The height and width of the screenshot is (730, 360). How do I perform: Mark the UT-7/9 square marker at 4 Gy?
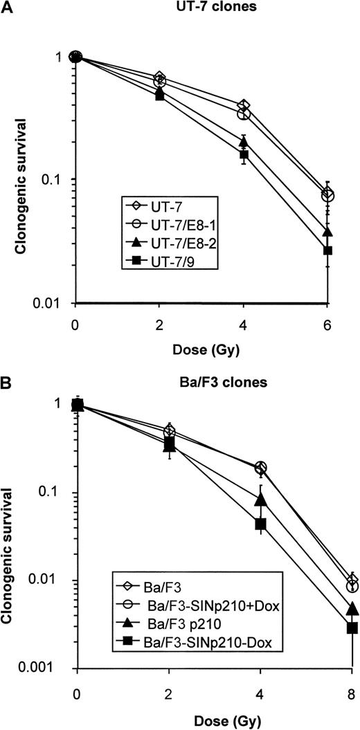244,154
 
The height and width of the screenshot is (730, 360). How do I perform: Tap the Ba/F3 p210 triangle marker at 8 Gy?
352,609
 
